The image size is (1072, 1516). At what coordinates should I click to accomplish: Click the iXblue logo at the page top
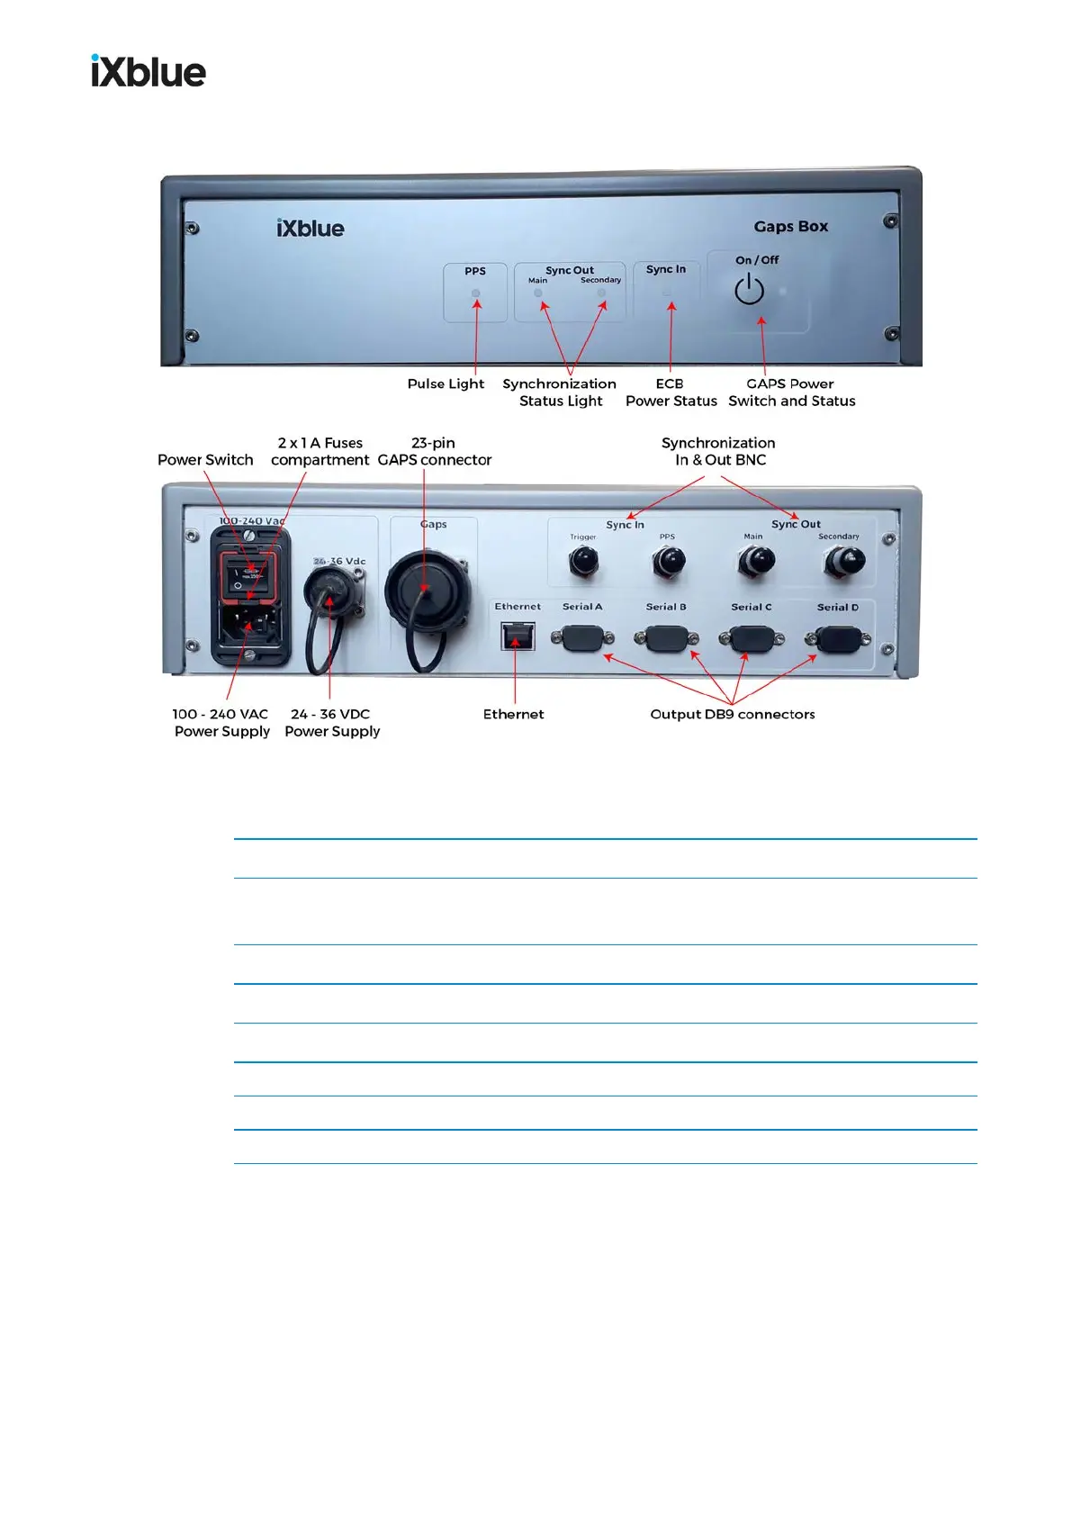149,71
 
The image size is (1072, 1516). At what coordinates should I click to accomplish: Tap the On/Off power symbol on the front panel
749,290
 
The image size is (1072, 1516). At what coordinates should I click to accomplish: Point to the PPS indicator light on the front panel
476,293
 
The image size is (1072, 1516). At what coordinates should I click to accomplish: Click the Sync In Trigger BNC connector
582,562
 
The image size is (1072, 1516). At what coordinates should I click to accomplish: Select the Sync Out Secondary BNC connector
843,562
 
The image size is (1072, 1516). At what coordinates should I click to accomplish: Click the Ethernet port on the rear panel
517,636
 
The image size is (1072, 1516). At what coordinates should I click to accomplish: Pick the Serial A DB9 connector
582,638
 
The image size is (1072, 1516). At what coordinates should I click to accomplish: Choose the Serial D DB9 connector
838,639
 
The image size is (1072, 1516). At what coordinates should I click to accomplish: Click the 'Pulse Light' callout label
446,384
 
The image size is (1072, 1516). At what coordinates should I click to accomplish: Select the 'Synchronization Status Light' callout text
560,393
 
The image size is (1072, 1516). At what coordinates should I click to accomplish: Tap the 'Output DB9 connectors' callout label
733,714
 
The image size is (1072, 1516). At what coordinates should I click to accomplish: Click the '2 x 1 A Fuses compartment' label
320,451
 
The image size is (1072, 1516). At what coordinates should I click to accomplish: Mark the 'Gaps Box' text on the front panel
790,227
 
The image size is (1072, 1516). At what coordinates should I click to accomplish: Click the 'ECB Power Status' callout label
671,393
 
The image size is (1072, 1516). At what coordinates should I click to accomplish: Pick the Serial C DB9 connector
752,639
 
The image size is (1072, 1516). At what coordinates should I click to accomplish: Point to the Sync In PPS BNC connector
668,562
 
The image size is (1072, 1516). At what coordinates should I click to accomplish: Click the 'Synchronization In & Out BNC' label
719,451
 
